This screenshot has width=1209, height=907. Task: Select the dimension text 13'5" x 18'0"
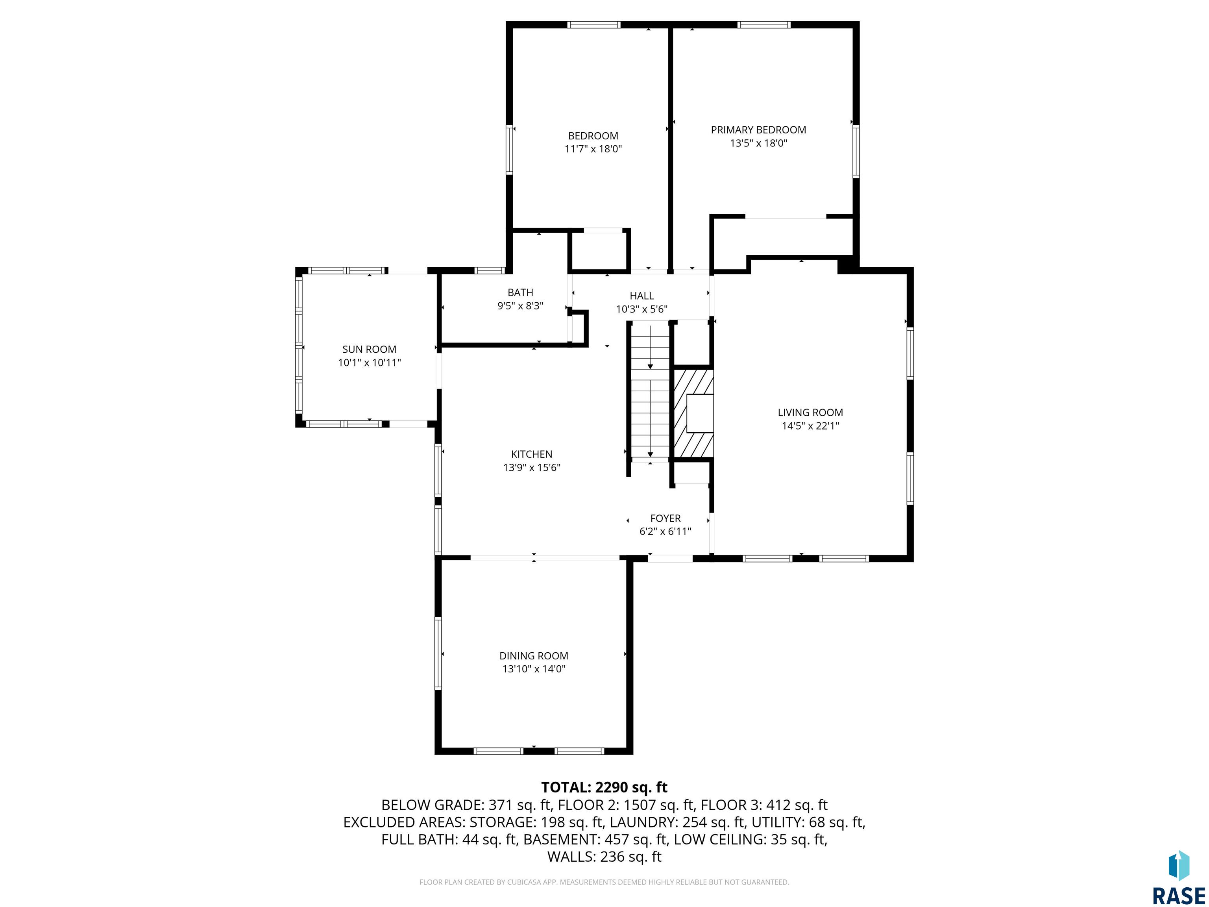click(758, 143)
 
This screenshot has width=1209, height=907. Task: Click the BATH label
click(520, 292)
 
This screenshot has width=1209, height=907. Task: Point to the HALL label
click(641, 296)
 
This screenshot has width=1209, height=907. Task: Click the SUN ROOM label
click(370, 349)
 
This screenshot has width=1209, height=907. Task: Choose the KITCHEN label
click(532, 454)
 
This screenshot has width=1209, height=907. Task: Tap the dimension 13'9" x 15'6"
click(532, 467)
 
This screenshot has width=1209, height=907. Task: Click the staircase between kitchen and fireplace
click(650, 391)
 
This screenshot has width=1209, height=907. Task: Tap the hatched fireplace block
click(693, 413)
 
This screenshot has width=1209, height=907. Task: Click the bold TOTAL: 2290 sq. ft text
click(604, 787)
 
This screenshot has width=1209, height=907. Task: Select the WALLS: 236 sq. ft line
click(604, 857)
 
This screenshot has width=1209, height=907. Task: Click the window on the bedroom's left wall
click(510, 150)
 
